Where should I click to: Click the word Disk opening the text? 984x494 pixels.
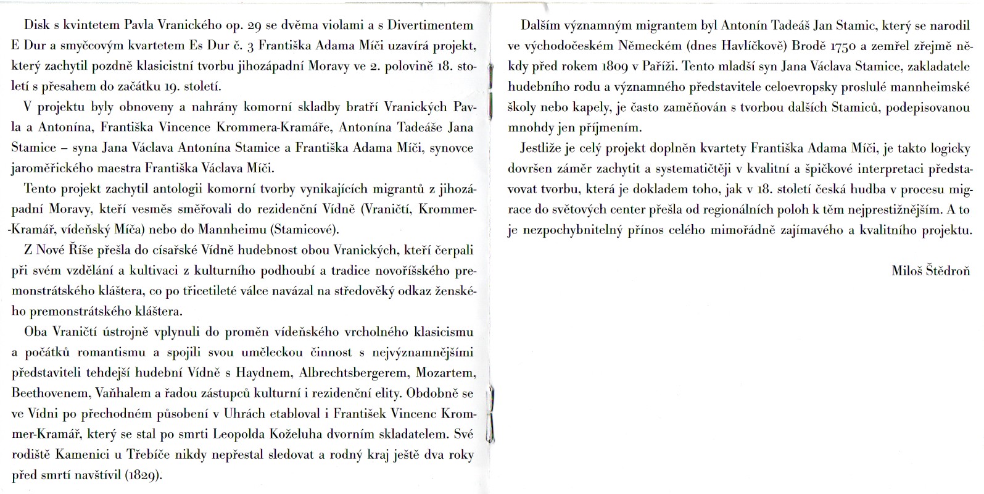pos(36,25)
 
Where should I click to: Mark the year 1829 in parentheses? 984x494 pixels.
pos(144,475)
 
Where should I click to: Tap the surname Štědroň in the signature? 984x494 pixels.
pos(949,270)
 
